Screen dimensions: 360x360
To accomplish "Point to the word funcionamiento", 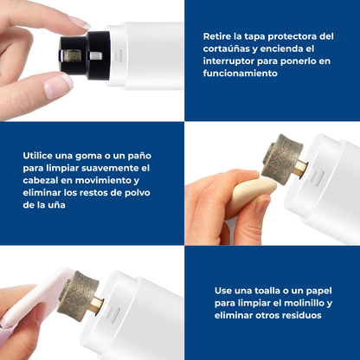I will coord(240,74).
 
